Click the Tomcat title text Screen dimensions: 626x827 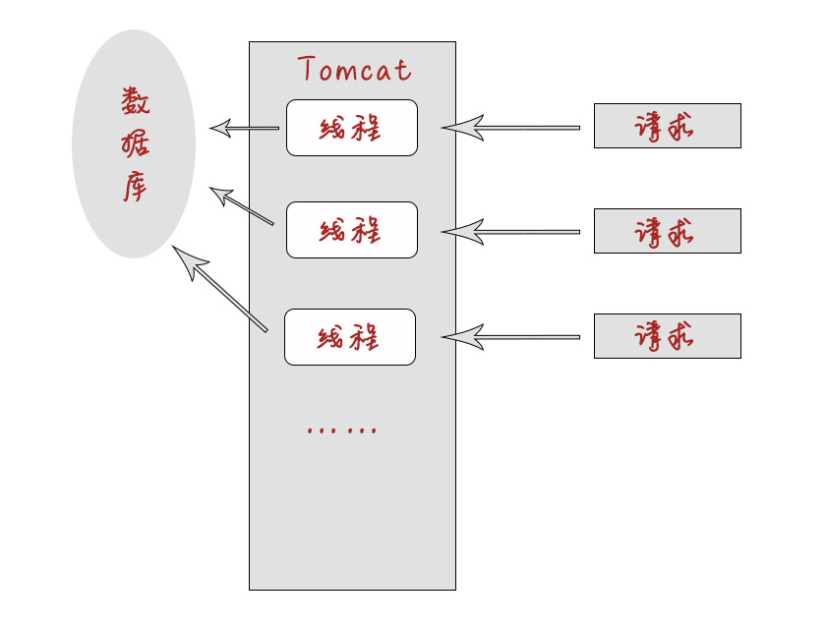[x=354, y=70]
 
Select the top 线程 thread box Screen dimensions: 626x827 [x=351, y=128]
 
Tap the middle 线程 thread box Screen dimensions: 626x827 [x=351, y=230]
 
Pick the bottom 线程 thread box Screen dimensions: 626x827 [x=349, y=337]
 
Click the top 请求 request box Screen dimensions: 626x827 [x=667, y=126]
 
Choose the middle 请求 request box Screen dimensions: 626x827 [x=667, y=231]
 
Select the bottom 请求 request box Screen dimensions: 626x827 [x=667, y=336]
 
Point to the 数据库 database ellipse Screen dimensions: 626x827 [x=134, y=143]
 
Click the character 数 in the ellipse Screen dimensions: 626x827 [x=136, y=101]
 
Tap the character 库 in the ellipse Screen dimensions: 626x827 [x=135, y=187]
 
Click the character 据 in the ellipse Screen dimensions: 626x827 [x=136, y=144]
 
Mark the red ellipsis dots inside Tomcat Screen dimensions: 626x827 [x=341, y=430]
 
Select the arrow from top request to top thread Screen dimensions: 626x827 [x=511, y=127]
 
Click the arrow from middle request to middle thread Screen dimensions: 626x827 [x=511, y=232]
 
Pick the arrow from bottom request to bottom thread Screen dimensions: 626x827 [x=511, y=337]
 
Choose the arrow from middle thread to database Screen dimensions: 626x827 [x=241, y=206]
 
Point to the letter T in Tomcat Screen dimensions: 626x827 [x=306, y=69]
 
